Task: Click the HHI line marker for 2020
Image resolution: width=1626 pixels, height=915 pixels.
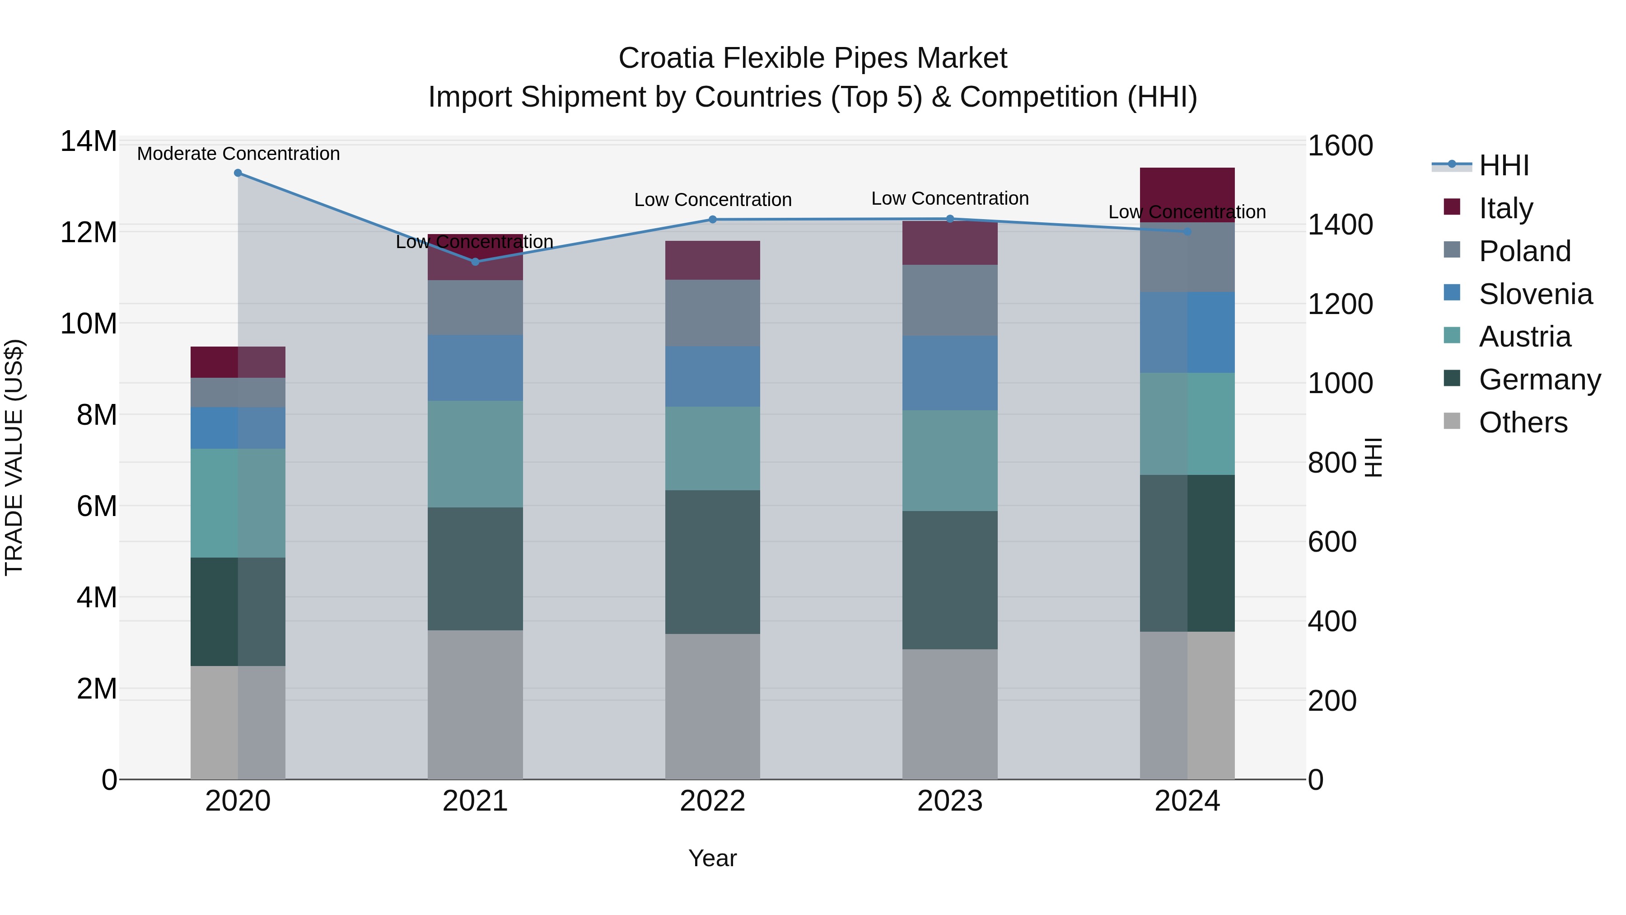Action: coord(238,173)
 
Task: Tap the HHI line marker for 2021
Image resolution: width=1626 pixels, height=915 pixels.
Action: coord(475,262)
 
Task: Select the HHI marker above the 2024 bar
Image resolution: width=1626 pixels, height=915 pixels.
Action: coord(1187,232)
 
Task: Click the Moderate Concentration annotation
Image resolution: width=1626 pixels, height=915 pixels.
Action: coord(238,154)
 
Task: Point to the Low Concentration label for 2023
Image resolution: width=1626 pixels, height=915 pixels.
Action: coord(950,198)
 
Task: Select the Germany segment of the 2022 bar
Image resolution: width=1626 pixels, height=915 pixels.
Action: coord(713,562)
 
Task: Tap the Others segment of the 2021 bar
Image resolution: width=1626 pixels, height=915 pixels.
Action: coord(475,704)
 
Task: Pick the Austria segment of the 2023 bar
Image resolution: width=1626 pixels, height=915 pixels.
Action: coord(950,460)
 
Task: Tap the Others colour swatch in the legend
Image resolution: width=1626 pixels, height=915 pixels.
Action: coord(1452,421)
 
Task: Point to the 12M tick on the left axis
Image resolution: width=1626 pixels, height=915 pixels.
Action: coord(89,232)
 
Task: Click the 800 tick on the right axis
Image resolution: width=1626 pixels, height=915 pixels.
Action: coord(1332,462)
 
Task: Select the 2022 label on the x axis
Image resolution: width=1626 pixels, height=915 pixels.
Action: coord(713,801)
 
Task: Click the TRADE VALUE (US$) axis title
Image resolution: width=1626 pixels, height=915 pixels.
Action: coord(14,457)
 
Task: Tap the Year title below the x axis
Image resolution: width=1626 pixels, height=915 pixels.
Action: coord(713,858)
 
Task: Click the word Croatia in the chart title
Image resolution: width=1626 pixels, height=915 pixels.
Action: coord(666,58)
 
